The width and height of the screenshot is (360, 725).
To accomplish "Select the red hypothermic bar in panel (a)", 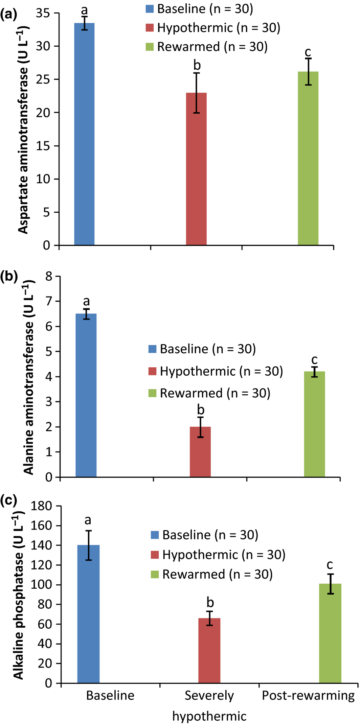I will [x=196, y=169].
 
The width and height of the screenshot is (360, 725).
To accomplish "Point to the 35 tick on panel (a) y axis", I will [x=43, y=14].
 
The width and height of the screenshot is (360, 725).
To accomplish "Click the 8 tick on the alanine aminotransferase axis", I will [x=49, y=276].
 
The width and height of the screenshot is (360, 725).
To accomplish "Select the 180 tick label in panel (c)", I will [x=42, y=506].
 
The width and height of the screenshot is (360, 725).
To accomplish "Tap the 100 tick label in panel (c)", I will [x=42, y=585].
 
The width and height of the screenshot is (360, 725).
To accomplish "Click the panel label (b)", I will [x=9, y=276].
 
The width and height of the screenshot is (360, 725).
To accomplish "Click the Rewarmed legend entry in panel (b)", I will [x=210, y=393].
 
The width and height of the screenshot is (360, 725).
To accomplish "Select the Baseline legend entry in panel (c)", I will [x=205, y=535].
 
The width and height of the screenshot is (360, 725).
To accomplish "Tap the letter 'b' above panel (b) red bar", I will [x=201, y=410].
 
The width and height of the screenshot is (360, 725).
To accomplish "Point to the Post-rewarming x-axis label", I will [x=308, y=696].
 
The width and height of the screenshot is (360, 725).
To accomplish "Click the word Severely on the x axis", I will [x=209, y=696].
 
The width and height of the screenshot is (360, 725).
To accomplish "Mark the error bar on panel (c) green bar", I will [x=331, y=584].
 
